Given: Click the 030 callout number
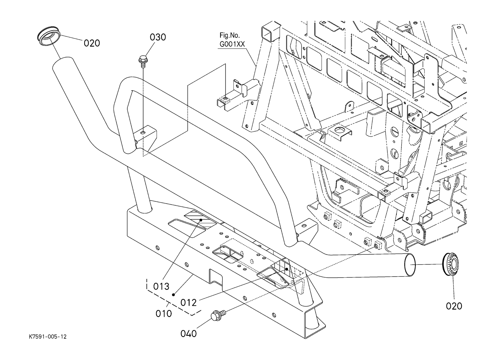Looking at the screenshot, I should point(158,37).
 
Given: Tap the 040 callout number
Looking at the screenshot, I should point(188,334).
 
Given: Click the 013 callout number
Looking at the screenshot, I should point(161,287).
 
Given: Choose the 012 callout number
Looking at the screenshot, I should point(188,302).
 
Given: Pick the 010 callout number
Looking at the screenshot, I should point(164,314).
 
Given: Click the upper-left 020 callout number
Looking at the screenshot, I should point(92,43).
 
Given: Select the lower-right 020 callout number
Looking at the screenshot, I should point(454,306).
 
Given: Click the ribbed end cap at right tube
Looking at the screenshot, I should point(451,265).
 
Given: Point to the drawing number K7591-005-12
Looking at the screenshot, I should point(48,337).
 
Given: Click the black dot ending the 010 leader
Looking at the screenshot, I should point(173,295).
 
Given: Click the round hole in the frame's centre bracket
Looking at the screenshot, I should point(338,128).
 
